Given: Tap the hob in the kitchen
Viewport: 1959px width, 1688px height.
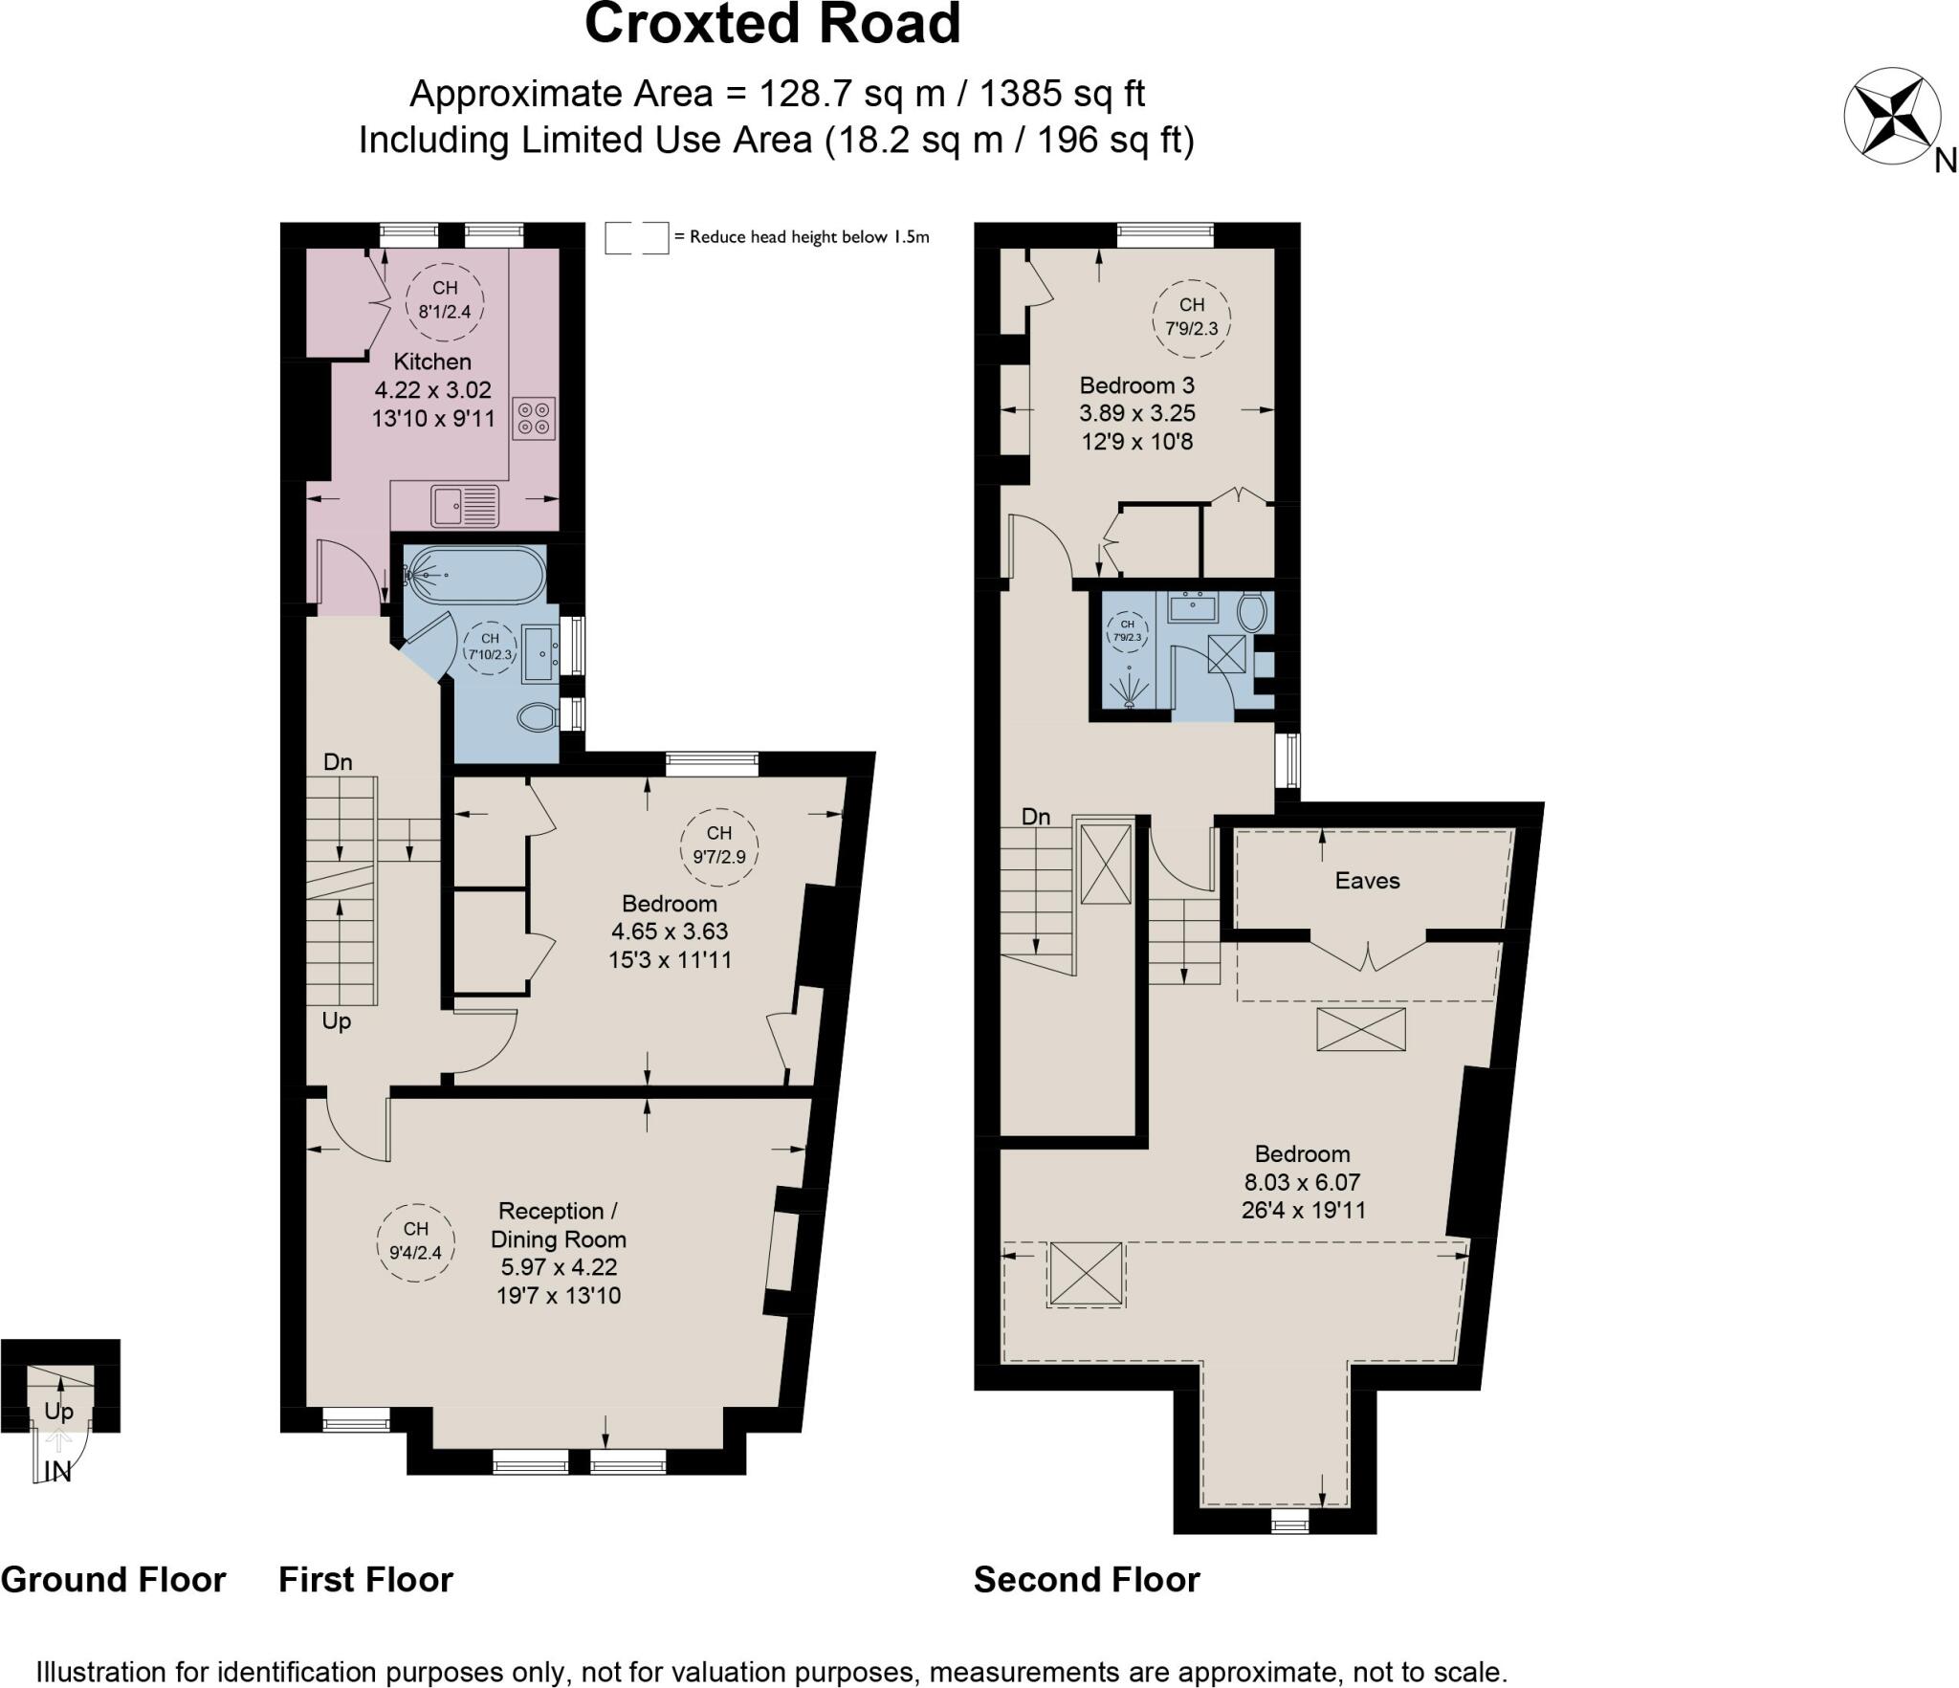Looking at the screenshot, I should (x=534, y=418).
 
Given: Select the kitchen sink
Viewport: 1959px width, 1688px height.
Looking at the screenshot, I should (x=465, y=506).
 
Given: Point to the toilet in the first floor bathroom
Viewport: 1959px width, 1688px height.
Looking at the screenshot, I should (x=538, y=716).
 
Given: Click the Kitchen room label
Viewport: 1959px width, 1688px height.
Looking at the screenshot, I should (x=432, y=362).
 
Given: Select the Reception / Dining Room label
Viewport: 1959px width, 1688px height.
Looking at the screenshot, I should (x=559, y=1224).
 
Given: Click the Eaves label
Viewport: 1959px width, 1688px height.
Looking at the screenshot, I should (x=1367, y=881).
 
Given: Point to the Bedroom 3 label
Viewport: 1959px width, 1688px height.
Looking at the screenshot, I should (x=1136, y=385).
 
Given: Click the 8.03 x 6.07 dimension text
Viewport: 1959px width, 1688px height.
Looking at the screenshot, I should (x=1302, y=1182).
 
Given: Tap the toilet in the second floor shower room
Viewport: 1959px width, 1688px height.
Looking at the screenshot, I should (x=1251, y=612).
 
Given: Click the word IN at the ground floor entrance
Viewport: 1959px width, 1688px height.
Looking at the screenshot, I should (x=58, y=1472).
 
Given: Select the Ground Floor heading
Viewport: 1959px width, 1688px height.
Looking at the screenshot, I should (x=113, y=1580).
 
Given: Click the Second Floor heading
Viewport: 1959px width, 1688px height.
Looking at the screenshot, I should (x=1087, y=1580).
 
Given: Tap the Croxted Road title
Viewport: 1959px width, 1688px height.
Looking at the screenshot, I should (x=772, y=24).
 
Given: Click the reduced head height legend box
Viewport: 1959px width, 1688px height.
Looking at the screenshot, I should (x=636, y=237).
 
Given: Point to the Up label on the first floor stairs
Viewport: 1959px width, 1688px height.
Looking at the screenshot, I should (x=336, y=1020).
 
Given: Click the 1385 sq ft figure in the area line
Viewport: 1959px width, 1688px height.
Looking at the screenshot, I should (x=1062, y=94).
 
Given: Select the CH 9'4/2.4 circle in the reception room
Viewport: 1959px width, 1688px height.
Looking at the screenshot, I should (x=415, y=1240).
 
